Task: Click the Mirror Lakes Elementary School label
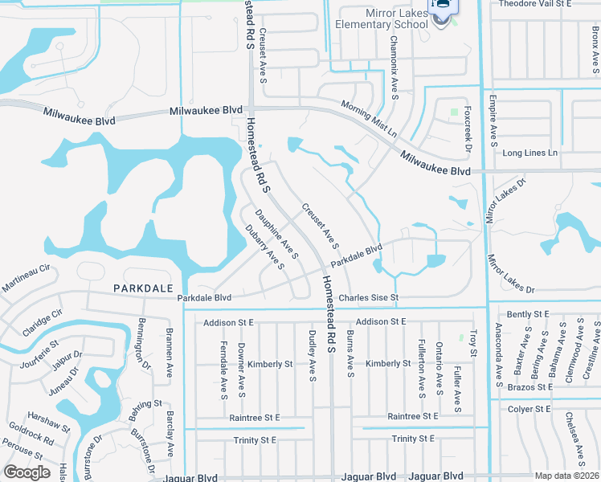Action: pos(385,18)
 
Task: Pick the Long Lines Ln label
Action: pos(529,153)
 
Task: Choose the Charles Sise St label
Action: pos(369,298)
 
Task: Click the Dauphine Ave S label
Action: pos(277,234)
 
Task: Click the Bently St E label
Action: pos(528,313)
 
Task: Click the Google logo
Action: pos(27,472)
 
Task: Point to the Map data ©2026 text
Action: pos(567,476)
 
